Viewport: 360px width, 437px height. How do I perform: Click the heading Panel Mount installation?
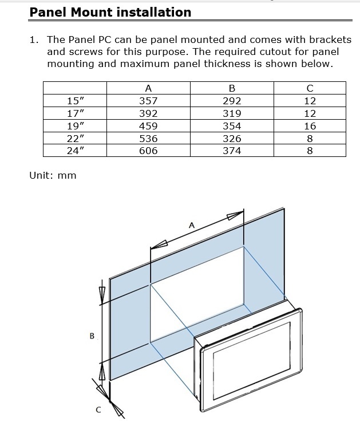[x=110, y=12]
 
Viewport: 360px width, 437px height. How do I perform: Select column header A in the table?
[x=148, y=88]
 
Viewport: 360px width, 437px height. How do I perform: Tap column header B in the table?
[x=232, y=88]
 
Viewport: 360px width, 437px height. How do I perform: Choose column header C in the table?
[x=310, y=88]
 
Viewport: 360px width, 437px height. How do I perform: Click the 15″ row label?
[x=76, y=101]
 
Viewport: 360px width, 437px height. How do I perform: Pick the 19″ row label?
[x=76, y=126]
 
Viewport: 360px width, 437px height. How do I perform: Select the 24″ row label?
[x=76, y=151]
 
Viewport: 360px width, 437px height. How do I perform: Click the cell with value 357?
[x=148, y=101]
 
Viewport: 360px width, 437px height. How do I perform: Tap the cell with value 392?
[x=148, y=113]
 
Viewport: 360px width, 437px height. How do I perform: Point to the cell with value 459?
[x=148, y=126]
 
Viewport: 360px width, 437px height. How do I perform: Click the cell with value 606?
[x=148, y=151]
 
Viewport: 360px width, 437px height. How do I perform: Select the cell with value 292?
[x=232, y=101]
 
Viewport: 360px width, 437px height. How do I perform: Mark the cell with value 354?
[x=232, y=126]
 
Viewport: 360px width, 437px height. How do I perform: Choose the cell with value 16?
[x=310, y=126]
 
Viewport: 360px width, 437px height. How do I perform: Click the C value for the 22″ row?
[x=310, y=139]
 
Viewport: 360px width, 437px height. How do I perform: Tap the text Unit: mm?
[x=53, y=175]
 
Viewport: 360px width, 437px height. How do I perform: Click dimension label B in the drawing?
[x=92, y=336]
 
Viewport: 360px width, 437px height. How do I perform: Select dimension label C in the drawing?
[x=98, y=410]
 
